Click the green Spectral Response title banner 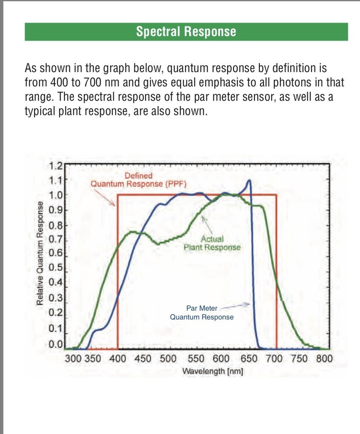tap(186, 32)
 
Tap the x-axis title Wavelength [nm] tap(213, 372)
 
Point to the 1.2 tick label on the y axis tap(56, 165)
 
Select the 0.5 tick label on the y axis tap(56, 267)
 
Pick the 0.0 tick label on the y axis tap(56, 345)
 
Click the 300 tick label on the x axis tap(73, 359)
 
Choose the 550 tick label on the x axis tap(196, 359)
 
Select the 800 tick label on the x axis tap(324, 359)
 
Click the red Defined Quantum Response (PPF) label tap(138, 179)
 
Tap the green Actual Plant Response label tap(212, 243)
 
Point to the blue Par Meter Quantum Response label tap(202, 312)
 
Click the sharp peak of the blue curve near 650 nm tap(249, 180)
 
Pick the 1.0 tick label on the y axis tap(56, 195)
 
